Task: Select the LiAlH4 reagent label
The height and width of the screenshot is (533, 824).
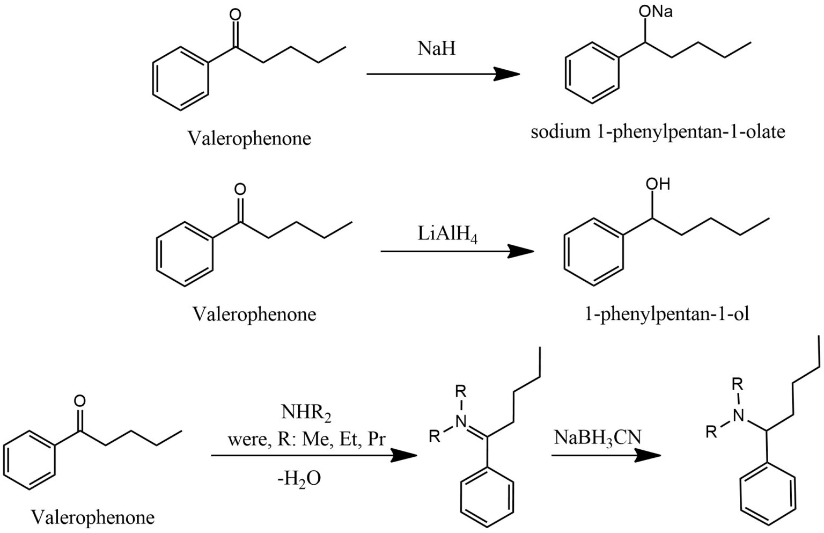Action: (448, 235)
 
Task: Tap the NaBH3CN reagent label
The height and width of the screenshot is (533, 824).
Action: (597, 437)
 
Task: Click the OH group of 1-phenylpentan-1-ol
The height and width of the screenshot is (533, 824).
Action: (657, 184)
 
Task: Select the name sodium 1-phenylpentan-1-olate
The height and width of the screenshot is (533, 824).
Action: (658, 132)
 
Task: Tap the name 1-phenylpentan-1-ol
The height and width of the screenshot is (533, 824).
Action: (667, 313)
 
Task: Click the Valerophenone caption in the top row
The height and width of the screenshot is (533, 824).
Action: (249, 138)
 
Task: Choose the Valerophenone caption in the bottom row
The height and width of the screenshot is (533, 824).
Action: (93, 517)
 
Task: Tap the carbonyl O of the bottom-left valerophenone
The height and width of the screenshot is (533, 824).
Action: (79, 401)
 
